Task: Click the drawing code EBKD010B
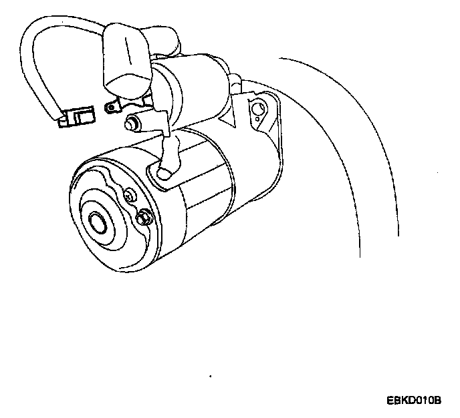tap(414, 401)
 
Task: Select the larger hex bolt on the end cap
tap(144, 218)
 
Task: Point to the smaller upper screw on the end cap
tap(130, 196)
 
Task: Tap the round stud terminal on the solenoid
tap(133, 122)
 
